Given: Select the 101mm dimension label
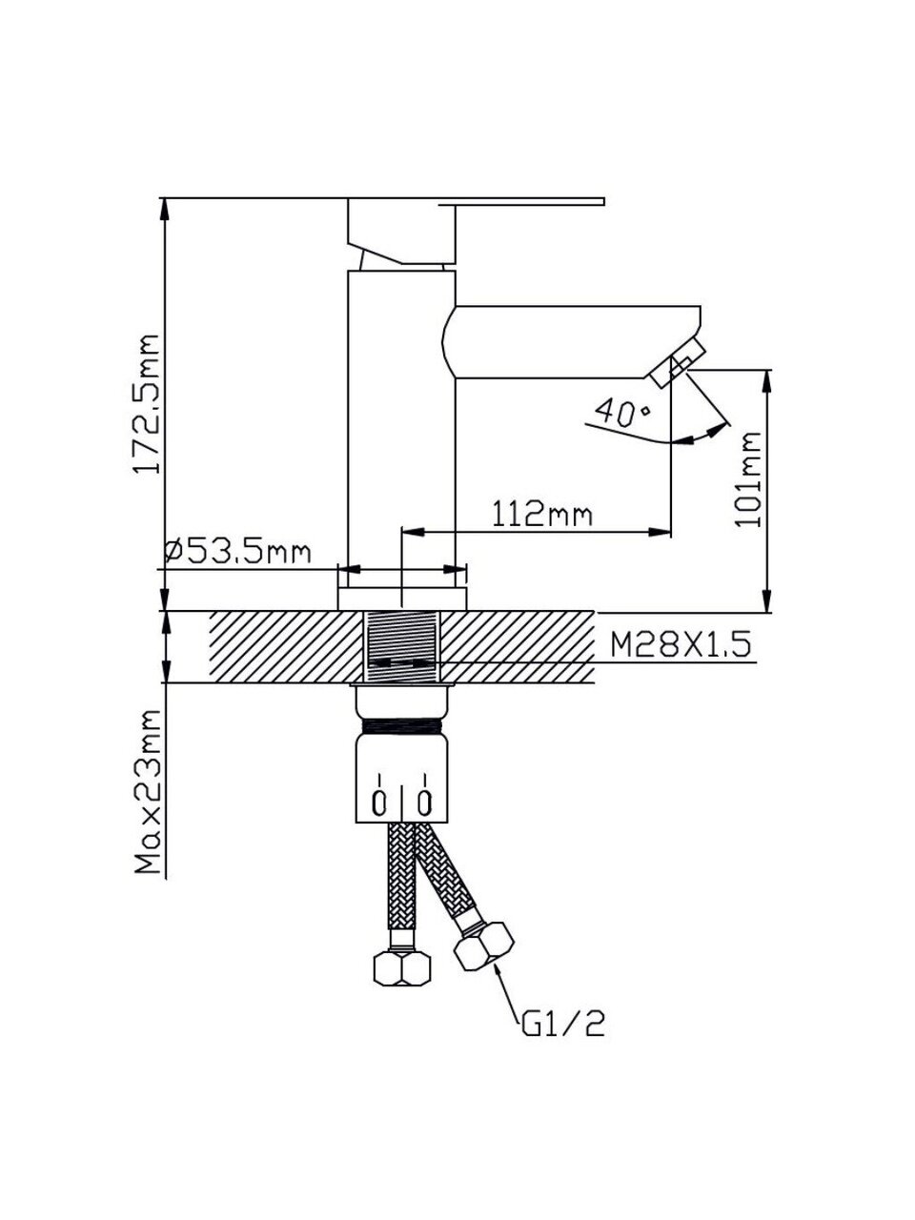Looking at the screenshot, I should pos(750,479).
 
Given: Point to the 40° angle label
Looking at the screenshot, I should pos(621,413).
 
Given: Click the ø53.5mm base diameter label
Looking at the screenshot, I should pos(237,551).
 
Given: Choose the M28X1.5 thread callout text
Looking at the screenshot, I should pos(681,644).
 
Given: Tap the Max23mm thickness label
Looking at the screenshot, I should pos(145,793).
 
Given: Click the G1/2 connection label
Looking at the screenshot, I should pos(563,1024).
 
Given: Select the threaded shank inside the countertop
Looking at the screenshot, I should pos(401,646).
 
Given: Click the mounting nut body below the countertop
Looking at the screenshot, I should pos(401,772).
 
